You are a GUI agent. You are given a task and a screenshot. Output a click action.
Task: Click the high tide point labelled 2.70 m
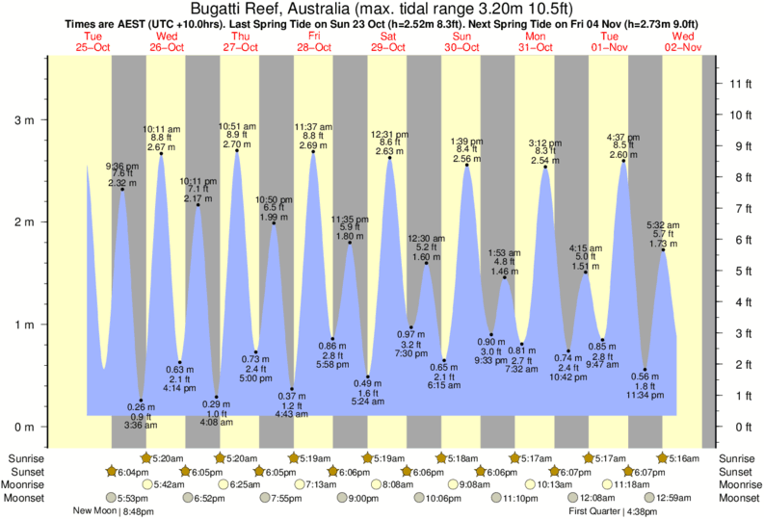click(x=237, y=150)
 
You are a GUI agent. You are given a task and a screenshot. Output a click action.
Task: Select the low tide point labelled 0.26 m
click(x=141, y=401)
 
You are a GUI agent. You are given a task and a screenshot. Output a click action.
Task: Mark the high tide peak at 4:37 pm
click(x=623, y=161)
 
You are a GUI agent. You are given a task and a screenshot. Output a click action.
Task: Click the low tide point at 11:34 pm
click(x=645, y=370)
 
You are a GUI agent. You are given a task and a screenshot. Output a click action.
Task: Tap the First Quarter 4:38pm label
click(x=611, y=511)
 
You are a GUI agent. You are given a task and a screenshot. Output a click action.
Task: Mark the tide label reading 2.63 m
click(x=389, y=151)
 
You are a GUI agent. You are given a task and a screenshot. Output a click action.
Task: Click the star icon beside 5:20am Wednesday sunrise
click(x=147, y=457)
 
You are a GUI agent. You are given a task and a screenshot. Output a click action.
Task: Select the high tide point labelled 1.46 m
click(x=505, y=277)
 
